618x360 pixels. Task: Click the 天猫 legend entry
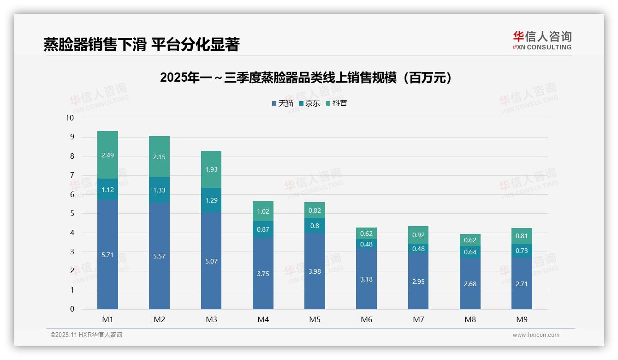(x=282, y=103)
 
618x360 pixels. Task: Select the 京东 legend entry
(x=309, y=103)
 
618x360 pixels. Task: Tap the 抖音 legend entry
(x=336, y=103)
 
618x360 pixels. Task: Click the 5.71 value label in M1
(x=107, y=255)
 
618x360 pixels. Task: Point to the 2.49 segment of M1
(x=107, y=155)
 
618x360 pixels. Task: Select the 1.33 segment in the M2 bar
(x=159, y=190)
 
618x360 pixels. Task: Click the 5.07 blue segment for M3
(x=211, y=261)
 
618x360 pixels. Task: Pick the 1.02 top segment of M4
(x=263, y=211)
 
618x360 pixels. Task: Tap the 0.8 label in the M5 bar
(x=315, y=226)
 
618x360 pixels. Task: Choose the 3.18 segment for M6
(x=366, y=279)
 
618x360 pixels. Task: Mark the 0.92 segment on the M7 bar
(x=418, y=235)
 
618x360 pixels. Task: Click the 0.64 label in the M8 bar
(x=470, y=252)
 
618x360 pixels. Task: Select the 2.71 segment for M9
(x=522, y=284)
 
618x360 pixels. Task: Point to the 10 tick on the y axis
(x=70, y=118)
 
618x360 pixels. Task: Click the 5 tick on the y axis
(x=72, y=214)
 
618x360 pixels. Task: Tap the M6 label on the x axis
(x=366, y=319)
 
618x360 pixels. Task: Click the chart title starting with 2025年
(x=306, y=78)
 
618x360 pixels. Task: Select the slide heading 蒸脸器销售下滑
(x=141, y=44)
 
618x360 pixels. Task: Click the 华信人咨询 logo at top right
(x=542, y=40)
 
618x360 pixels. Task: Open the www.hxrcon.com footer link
(x=535, y=335)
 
